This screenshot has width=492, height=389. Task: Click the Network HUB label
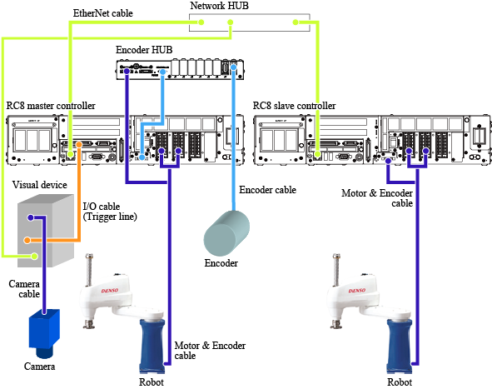219,6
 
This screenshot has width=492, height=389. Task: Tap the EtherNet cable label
103,13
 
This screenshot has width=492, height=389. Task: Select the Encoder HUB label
144,50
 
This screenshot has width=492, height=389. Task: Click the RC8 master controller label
51,106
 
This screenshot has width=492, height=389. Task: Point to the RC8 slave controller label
295,106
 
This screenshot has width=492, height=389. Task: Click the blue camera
44,333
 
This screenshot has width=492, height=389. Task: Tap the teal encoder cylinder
226,233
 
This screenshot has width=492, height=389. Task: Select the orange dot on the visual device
27,240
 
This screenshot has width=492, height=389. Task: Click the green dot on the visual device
35,257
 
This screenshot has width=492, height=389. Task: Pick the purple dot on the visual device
31,217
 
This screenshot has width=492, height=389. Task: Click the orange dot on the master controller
79,144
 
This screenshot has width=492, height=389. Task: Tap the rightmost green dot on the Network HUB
296,22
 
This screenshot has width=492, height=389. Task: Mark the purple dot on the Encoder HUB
127,72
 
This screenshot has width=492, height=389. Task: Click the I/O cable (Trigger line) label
110,212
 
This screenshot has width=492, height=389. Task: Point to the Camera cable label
24,289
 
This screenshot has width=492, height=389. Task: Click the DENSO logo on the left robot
110,291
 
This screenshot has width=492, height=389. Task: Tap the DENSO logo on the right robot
357,291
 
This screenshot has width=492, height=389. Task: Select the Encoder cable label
268,190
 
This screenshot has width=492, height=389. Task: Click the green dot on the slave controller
317,154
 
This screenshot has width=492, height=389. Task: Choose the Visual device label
39,185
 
